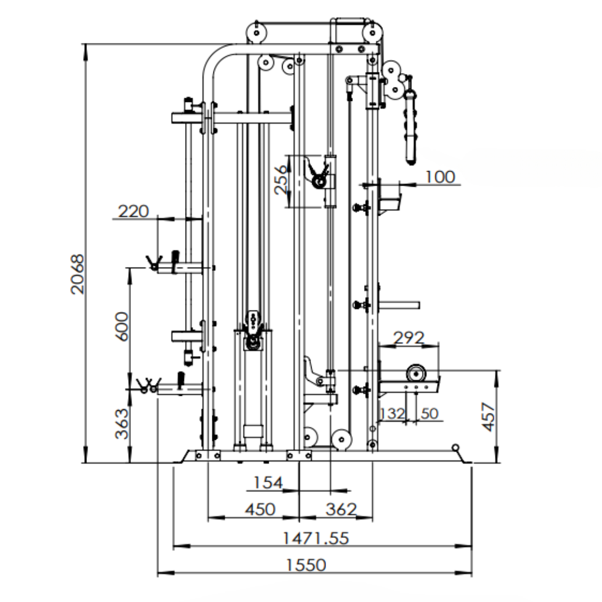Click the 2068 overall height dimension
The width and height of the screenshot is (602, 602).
pyautogui.click(x=77, y=274)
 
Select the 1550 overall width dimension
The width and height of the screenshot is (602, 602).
pyautogui.click(x=307, y=565)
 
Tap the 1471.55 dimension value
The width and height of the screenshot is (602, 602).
pyautogui.click(x=316, y=538)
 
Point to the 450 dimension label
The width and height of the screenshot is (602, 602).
pyautogui.click(x=260, y=509)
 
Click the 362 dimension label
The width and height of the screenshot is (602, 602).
pyautogui.click(x=341, y=509)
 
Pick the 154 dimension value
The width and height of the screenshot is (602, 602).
pyautogui.click(x=268, y=483)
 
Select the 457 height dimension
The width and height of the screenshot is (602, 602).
pyautogui.click(x=489, y=417)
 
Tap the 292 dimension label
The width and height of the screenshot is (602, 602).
pyautogui.click(x=409, y=338)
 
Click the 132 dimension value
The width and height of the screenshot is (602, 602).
pyautogui.click(x=392, y=414)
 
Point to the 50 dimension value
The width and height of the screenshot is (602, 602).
pyautogui.click(x=430, y=414)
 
